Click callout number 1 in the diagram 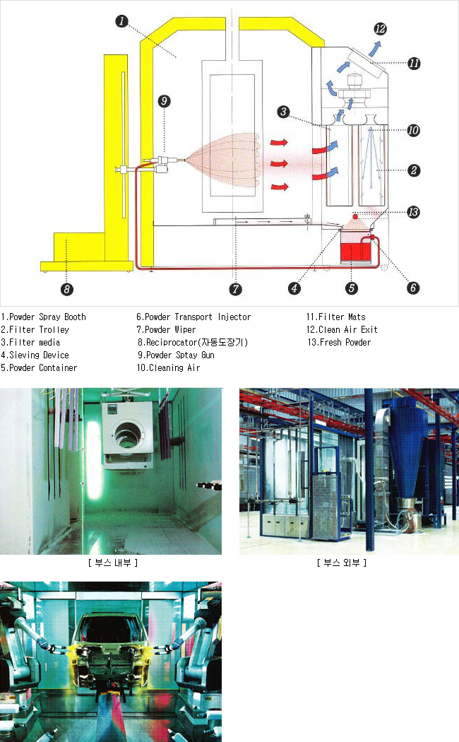coord(121,20)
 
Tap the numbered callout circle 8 coord(66,288)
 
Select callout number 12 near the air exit coord(380,29)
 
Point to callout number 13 coord(413,212)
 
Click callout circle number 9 coord(164,101)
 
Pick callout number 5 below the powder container coord(351,288)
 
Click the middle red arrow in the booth coord(279,164)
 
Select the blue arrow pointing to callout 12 coord(375,48)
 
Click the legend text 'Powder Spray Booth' coord(47,317)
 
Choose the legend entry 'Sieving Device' coord(39,355)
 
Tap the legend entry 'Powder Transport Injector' coord(198,317)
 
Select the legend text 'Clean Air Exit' coord(348,329)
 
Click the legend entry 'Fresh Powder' coord(345,342)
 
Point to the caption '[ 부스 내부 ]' coord(112,563)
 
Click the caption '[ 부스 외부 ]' coord(342,563)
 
